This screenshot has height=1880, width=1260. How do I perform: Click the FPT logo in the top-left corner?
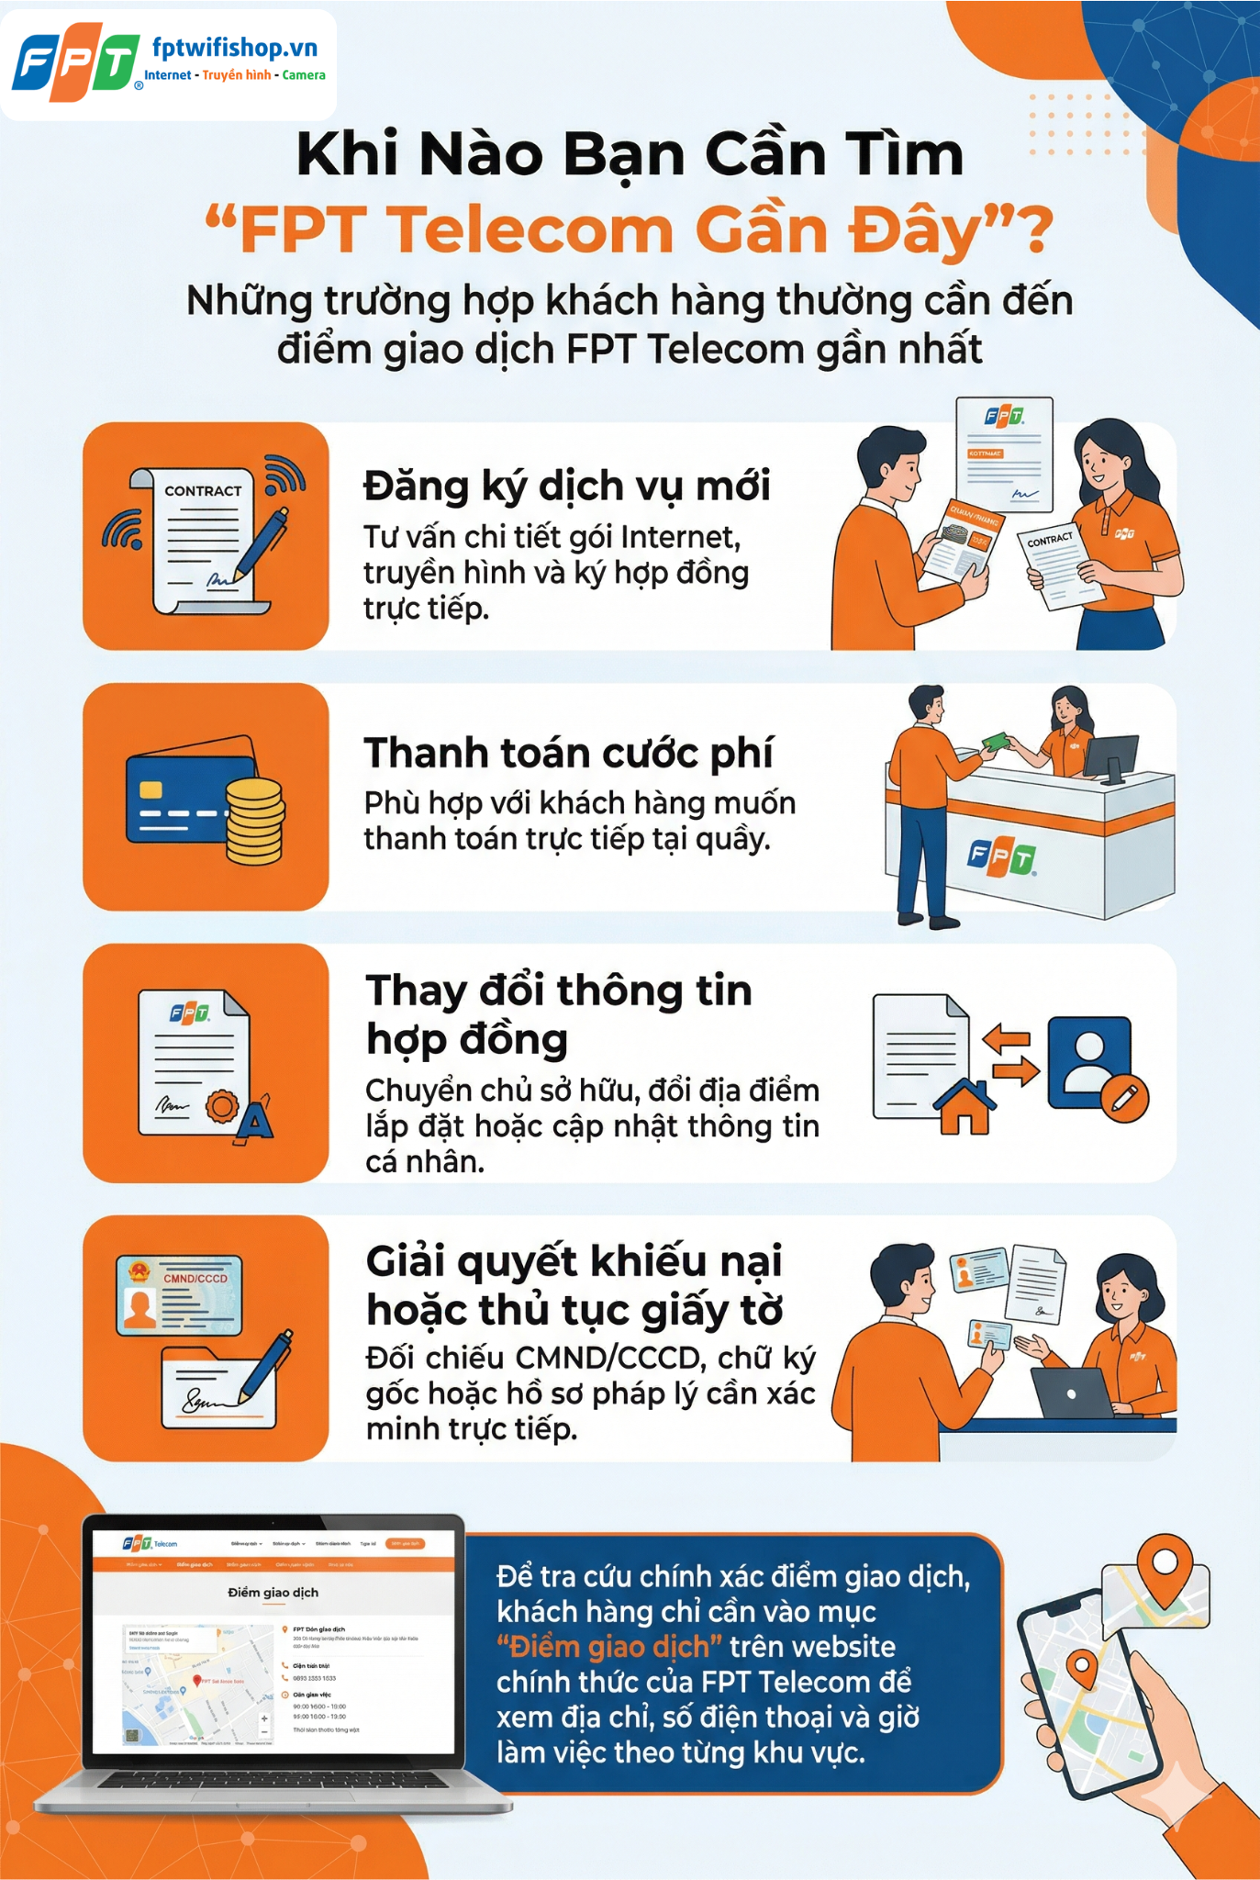[76, 65]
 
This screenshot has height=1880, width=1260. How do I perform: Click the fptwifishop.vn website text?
[234, 48]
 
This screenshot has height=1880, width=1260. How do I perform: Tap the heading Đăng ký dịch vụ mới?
[566, 487]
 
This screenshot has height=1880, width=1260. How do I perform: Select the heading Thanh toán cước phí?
[568, 753]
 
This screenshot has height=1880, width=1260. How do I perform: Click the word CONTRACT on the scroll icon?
[203, 491]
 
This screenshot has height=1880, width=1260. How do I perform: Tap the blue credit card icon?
[184, 797]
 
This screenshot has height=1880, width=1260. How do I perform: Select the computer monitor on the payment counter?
[1110, 755]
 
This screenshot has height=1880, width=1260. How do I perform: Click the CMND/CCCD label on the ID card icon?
[195, 1278]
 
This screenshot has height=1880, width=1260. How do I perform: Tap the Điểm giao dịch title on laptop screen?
[273, 1592]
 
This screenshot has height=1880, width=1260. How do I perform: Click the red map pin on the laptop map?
[196, 1681]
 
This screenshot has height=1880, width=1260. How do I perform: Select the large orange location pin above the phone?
[1165, 1567]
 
